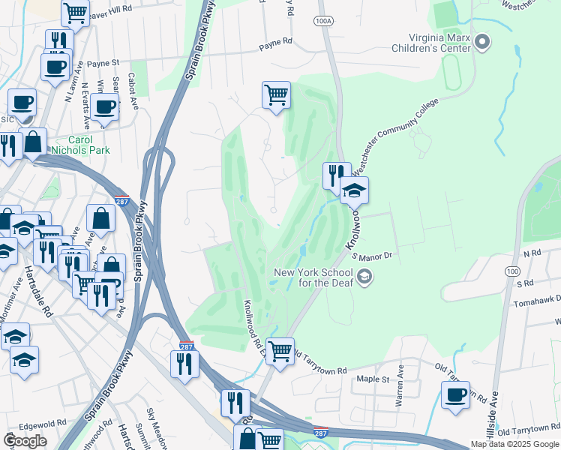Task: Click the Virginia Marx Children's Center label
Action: pyautogui.click(x=439, y=42)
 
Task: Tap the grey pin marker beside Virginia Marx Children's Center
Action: pyautogui.click(x=482, y=41)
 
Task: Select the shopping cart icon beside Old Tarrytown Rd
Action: pyautogui.click(x=280, y=349)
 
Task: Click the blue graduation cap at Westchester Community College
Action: pyautogui.click(x=354, y=190)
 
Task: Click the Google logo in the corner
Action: pyautogui.click(x=25, y=440)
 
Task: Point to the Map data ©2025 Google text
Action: pyautogui.click(x=514, y=444)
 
